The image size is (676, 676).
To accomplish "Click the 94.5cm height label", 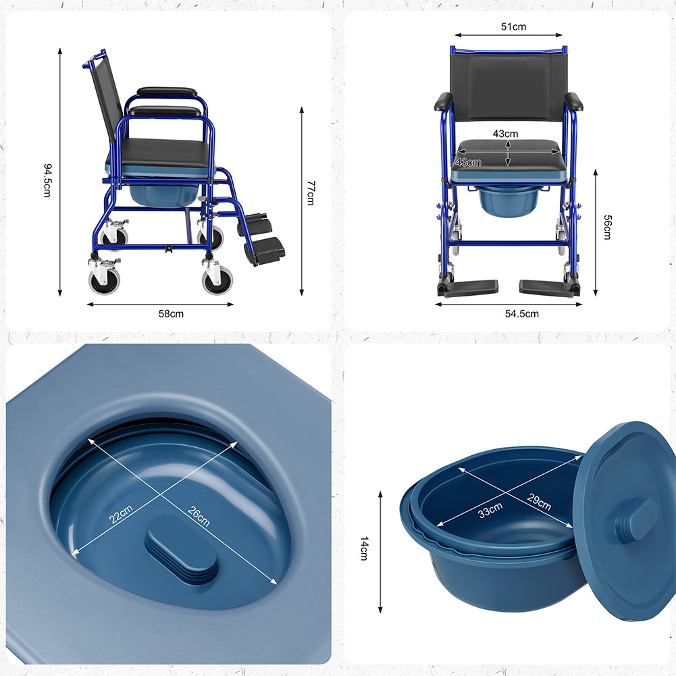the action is point(47,180).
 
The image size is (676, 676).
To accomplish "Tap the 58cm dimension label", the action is point(171,314).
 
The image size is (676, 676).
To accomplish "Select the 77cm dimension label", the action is point(311,192).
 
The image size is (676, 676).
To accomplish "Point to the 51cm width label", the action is point(513,27).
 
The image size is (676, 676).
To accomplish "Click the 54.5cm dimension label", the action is point(521,314).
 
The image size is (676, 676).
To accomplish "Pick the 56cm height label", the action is point(607,227).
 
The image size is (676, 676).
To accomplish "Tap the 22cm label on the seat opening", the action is point(121,514).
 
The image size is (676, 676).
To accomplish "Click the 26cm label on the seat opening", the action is point(199,516).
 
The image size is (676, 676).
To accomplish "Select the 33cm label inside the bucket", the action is point(490,510).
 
